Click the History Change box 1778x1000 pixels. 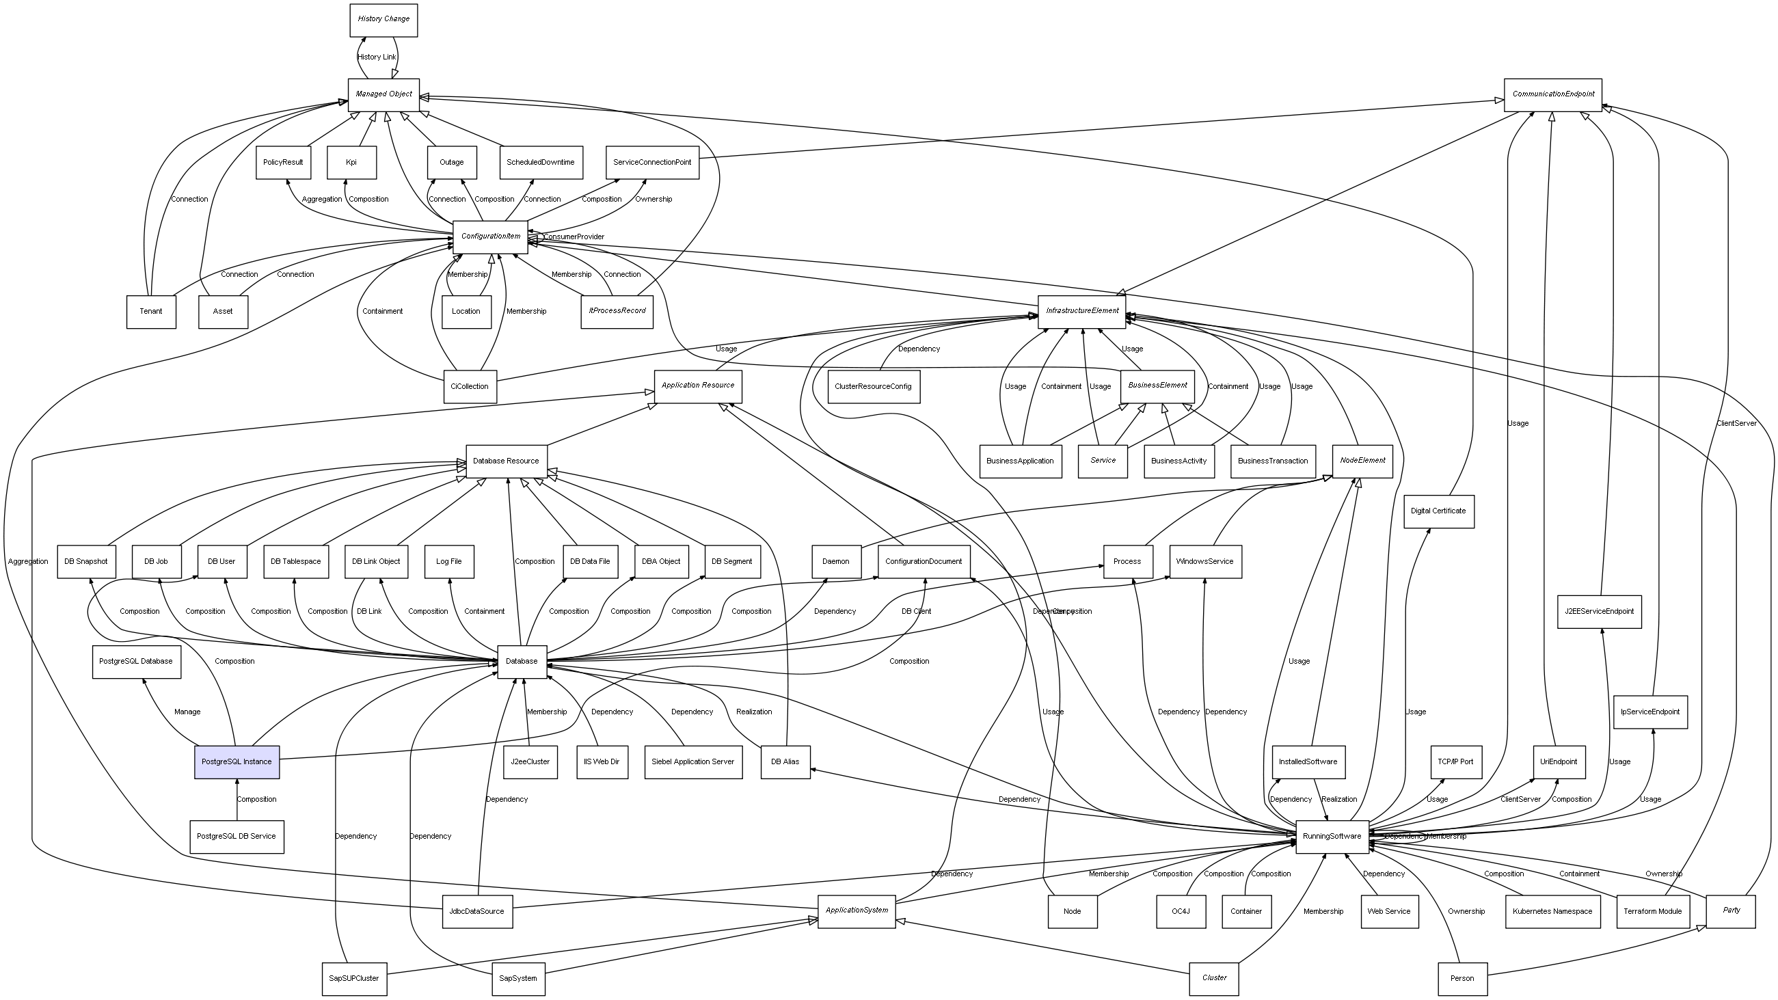(x=383, y=19)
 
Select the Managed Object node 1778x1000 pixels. (x=383, y=94)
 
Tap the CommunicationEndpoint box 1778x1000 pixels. (x=1552, y=94)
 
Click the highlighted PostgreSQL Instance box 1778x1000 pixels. (x=237, y=762)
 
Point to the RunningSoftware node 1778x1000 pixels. (x=1332, y=837)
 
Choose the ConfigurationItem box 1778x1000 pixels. (x=490, y=237)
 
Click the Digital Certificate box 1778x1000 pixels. (x=1438, y=511)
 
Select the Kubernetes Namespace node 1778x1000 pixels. (x=1552, y=912)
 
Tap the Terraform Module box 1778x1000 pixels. (x=1652, y=912)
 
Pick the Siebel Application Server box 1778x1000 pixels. (x=693, y=762)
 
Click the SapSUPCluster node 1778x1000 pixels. (x=354, y=979)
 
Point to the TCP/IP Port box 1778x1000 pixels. (x=1455, y=762)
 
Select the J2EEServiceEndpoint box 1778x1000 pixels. (x=1598, y=612)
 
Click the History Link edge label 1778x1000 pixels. (x=377, y=57)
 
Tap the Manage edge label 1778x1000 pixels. (x=187, y=712)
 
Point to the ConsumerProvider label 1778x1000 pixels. (x=574, y=237)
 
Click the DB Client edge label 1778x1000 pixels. (x=916, y=612)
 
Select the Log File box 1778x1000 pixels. (x=448, y=562)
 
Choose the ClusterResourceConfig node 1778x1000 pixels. (x=872, y=386)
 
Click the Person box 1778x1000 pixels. (x=1462, y=979)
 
